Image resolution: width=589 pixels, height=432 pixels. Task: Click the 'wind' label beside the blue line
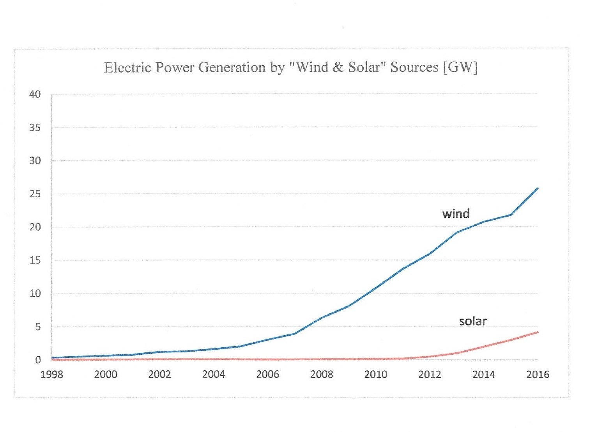pyautogui.click(x=456, y=213)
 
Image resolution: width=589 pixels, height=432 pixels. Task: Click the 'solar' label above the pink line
pyautogui.click(x=472, y=321)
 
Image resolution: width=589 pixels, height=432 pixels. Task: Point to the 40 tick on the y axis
pyautogui.click(x=35, y=94)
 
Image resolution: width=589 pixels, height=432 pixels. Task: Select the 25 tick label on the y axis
pyautogui.click(x=35, y=194)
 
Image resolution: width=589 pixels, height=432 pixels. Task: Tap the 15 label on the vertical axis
pyautogui.click(x=35, y=260)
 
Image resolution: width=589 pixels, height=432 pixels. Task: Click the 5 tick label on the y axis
pyautogui.click(x=38, y=327)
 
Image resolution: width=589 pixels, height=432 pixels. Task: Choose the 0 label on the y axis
pyautogui.click(x=38, y=360)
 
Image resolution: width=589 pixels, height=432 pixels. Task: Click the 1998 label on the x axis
pyautogui.click(x=52, y=375)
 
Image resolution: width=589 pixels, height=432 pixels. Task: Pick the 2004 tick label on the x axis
pyautogui.click(x=214, y=375)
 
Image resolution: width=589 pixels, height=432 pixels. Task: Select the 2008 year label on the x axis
pyautogui.click(x=322, y=375)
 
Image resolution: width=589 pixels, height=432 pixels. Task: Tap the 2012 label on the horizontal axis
pyautogui.click(x=430, y=375)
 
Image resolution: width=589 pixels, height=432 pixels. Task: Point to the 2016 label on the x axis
pyautogui.click(x=538, y=375)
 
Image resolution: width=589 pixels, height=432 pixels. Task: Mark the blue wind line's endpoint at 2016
pyautogui.click(x=538, y=188)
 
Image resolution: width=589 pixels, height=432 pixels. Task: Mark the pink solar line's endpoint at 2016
pyautogui.click(x=538, y=332)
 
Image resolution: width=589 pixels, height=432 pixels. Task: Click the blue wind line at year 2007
pyautogui.click(x=295, y=334)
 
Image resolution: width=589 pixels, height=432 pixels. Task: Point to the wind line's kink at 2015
pyautogui.click(x=511, y=215)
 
